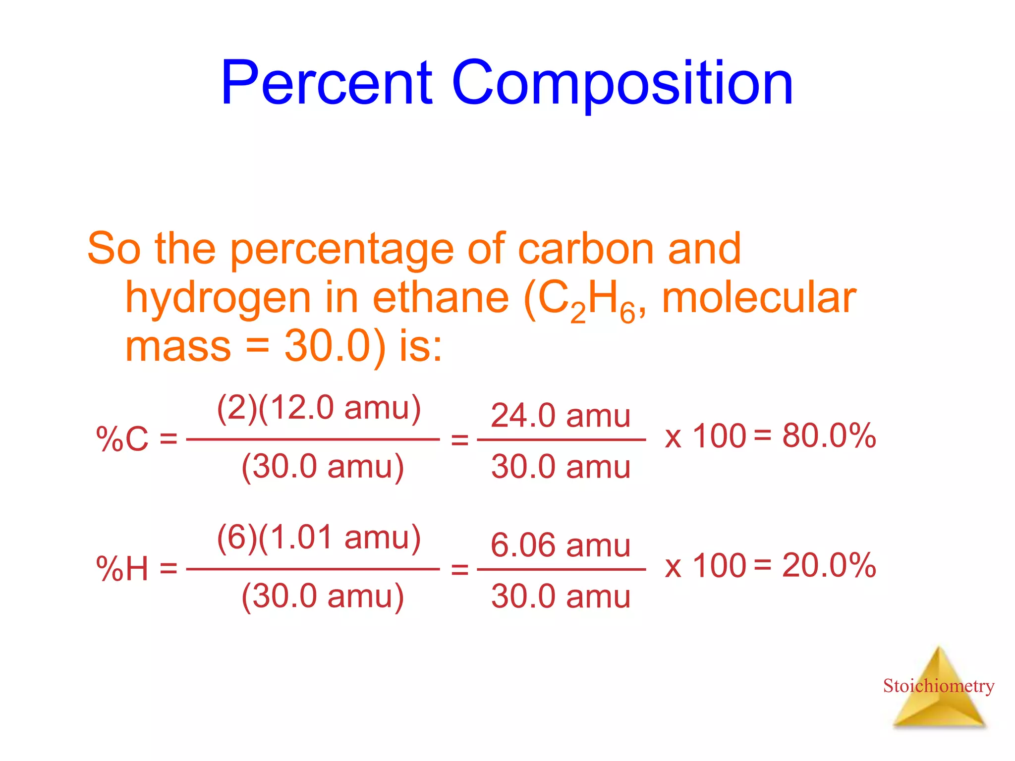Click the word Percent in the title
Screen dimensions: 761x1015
(x=327, y=83)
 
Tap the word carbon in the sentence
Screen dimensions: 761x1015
(x=586, y=249)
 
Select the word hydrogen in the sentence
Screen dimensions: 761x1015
(x=218, y=299)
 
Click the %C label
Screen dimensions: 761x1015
(x=122, y=439)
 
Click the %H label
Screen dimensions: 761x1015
(x=122, y=568)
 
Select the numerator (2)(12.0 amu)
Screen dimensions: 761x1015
(x=319, y=408)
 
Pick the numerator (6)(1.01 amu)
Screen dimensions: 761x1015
(x=319, y=538)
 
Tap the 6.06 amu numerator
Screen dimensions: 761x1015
(x=561, y=545)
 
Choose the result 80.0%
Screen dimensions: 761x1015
(x=829, y=436)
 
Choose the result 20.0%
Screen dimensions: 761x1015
(x=829, y=565)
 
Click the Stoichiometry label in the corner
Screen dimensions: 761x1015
(x=938, y=686)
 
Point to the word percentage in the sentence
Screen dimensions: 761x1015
(x=342, y=250)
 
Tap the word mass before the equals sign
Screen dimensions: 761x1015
(x=178, y=347)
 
